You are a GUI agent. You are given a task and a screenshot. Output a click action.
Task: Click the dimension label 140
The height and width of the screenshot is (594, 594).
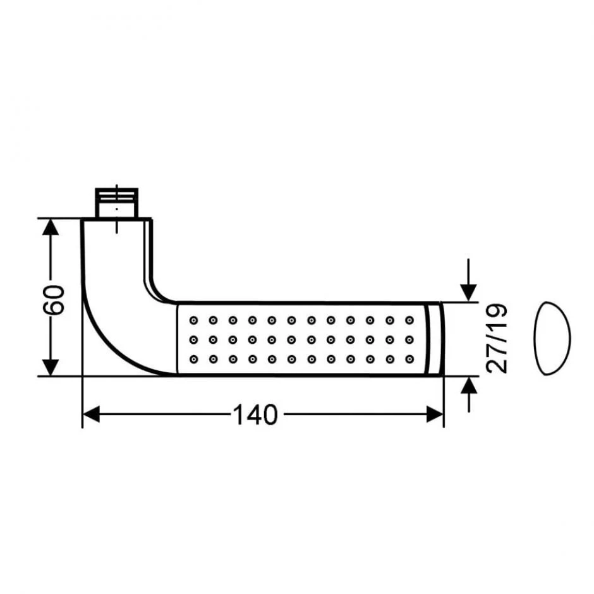tap(255, 415)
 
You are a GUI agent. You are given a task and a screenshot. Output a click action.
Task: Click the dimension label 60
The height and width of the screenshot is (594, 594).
tap(54, 300)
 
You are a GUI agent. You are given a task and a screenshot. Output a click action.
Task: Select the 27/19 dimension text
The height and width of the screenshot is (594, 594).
tap(496, 339)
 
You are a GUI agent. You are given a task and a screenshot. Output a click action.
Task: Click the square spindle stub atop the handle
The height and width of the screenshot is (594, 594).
tap(116, 203)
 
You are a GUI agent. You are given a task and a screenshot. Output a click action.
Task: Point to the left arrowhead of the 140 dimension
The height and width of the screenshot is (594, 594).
tap(91, 414)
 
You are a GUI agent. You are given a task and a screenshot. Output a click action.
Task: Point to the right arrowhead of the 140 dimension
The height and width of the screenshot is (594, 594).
tap(435, 414)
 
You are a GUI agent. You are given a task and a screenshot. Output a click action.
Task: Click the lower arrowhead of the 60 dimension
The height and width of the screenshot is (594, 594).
tap(51, 368)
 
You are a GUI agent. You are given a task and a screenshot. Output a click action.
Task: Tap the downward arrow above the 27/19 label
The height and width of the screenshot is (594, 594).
tap(469, 281)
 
